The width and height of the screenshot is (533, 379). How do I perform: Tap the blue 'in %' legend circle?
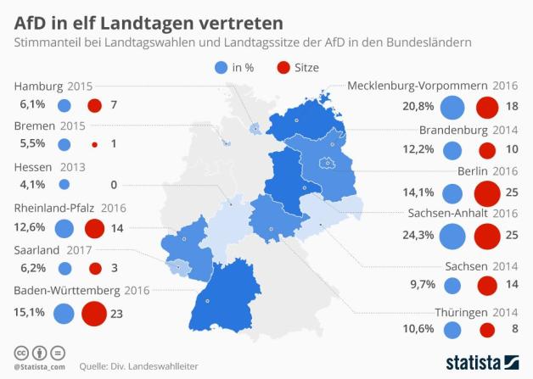click(222, 68)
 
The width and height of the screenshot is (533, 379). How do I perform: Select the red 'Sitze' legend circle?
click(282, 68)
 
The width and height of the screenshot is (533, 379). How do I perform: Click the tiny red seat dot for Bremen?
click(94, 145)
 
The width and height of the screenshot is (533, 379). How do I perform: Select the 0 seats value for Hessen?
click(113, 184)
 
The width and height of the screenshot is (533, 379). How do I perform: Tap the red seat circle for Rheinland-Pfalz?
click(94, 229)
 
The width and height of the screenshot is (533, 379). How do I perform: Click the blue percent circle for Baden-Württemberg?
click(64, 313)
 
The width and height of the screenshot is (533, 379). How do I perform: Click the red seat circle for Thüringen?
click(487, 331)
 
